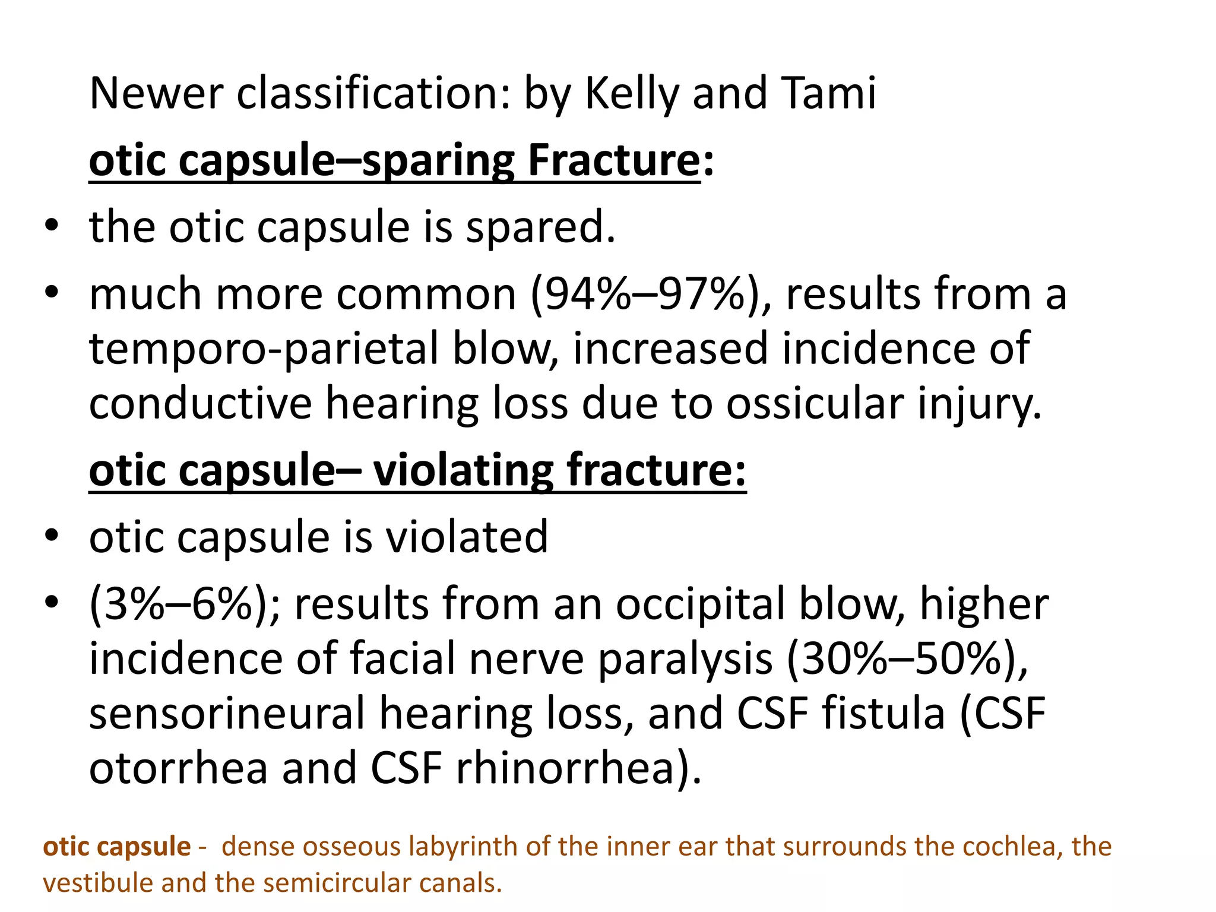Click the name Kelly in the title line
tap(631, 94)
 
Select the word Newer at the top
tap(156, 94)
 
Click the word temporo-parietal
tap(263, 349)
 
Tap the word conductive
tap(200, 404)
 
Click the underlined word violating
tap(462, 470)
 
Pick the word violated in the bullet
tap(467, 537)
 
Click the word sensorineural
tap(227, 714)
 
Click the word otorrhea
tap(178, 768)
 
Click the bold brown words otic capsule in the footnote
tap(117, 846)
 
